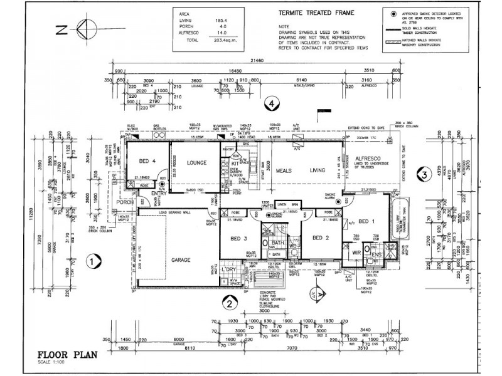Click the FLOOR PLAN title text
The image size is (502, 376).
click(x=67, y=355)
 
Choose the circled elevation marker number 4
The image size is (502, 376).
click(x=270, y=103)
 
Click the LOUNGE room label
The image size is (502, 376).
click(x=196, y=162)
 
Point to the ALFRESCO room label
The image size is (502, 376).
click(x=368, y=160)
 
